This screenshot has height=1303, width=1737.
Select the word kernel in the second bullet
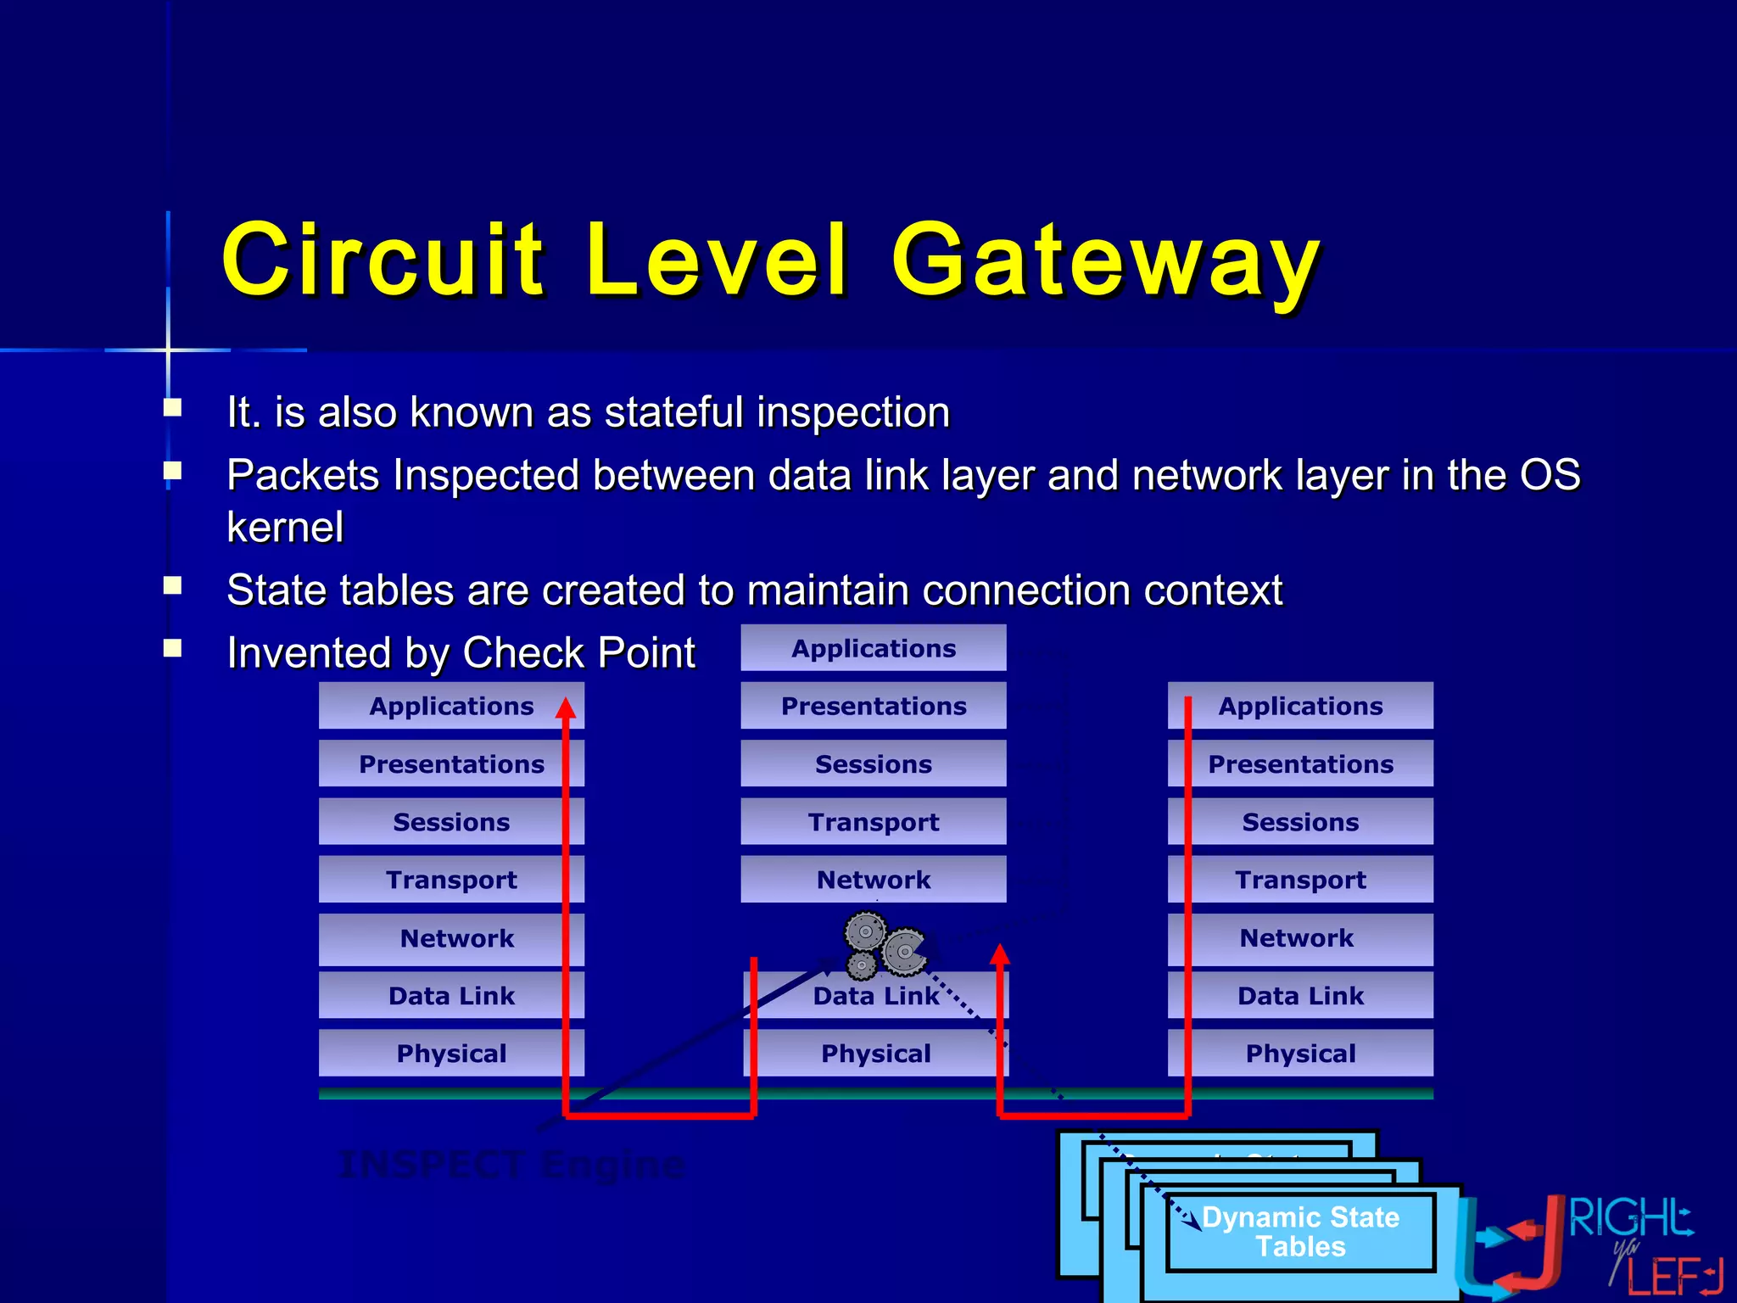click(285, 528)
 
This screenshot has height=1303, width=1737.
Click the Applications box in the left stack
click(451, 706)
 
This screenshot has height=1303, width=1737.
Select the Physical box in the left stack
click(451, 1054)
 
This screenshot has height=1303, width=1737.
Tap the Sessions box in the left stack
click(451, 822)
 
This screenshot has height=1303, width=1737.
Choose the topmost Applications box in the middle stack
click(874, 648)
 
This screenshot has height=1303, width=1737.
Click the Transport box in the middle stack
click(874, 822)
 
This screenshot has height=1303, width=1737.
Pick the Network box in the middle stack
click(874, 880)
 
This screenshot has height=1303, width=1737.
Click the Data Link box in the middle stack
click(875, 996)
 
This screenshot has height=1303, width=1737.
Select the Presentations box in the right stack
click(1300, 764)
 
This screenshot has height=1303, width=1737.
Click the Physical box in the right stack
click(1300, 1054)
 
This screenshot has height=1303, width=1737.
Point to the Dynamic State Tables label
click(1300, 1232)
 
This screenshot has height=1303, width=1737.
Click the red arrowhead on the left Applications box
click(566, 708)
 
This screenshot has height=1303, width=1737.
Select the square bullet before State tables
click(173, 585)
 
